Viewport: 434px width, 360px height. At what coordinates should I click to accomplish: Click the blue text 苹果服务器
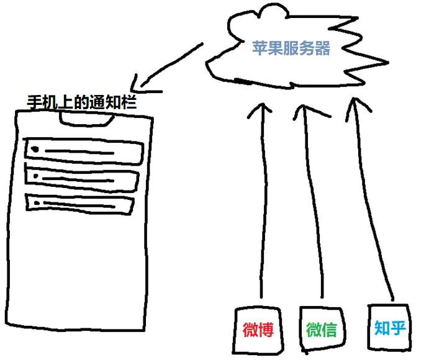(x=291, y=48)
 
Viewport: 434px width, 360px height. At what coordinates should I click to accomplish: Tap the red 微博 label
(x=258, y=330)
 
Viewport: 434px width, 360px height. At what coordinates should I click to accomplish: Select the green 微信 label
(x=322, y=330)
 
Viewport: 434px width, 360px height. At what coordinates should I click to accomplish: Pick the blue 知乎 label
(x=390, y=328)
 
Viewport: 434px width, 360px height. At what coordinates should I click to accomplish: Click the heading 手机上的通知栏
(x=82, y=102)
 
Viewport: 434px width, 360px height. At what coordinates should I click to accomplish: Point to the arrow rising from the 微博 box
(x=264, y=199)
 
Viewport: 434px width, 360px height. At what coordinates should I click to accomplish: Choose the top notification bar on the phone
(x=83, y=151)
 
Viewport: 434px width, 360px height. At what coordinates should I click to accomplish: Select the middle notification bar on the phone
(x=82, y=179)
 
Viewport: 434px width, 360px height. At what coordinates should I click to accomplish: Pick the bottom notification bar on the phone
(x=79, y=204)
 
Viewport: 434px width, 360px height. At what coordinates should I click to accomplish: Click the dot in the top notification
(x=35, y=150)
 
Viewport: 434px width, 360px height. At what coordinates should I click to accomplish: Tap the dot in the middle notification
(x=35, y=176)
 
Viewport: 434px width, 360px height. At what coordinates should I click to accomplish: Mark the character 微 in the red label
(x=250, y=330)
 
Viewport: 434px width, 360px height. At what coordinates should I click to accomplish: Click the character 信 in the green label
(x=329, y=330)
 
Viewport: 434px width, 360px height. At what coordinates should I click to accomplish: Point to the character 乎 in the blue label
(x=398, y=328)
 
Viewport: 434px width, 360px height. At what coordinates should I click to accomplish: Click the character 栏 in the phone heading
(x=129, y=102)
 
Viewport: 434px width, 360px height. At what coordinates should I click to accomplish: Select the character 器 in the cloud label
(x=323, y=48)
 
